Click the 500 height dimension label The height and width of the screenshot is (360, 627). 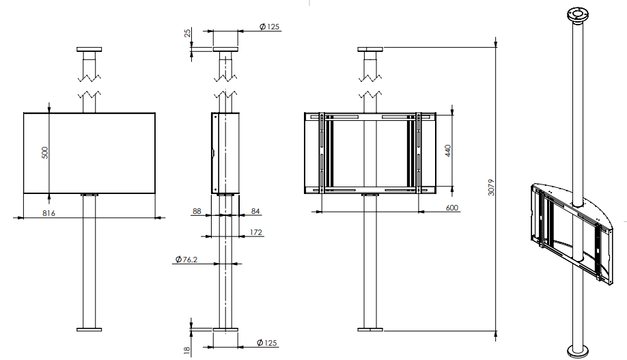click(45, 152)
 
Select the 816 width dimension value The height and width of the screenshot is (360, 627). click(48, 213)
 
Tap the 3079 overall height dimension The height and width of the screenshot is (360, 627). click(492, 187)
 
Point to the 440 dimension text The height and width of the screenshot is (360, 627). click(448, 151)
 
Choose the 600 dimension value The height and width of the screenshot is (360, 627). click(452, 208)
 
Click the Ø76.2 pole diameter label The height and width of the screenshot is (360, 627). click(186, 260)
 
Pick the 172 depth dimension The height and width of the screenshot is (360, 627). click(256, 232)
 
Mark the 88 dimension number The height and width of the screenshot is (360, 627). click(197, 211)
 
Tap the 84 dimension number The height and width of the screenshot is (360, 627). click(255, 211)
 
